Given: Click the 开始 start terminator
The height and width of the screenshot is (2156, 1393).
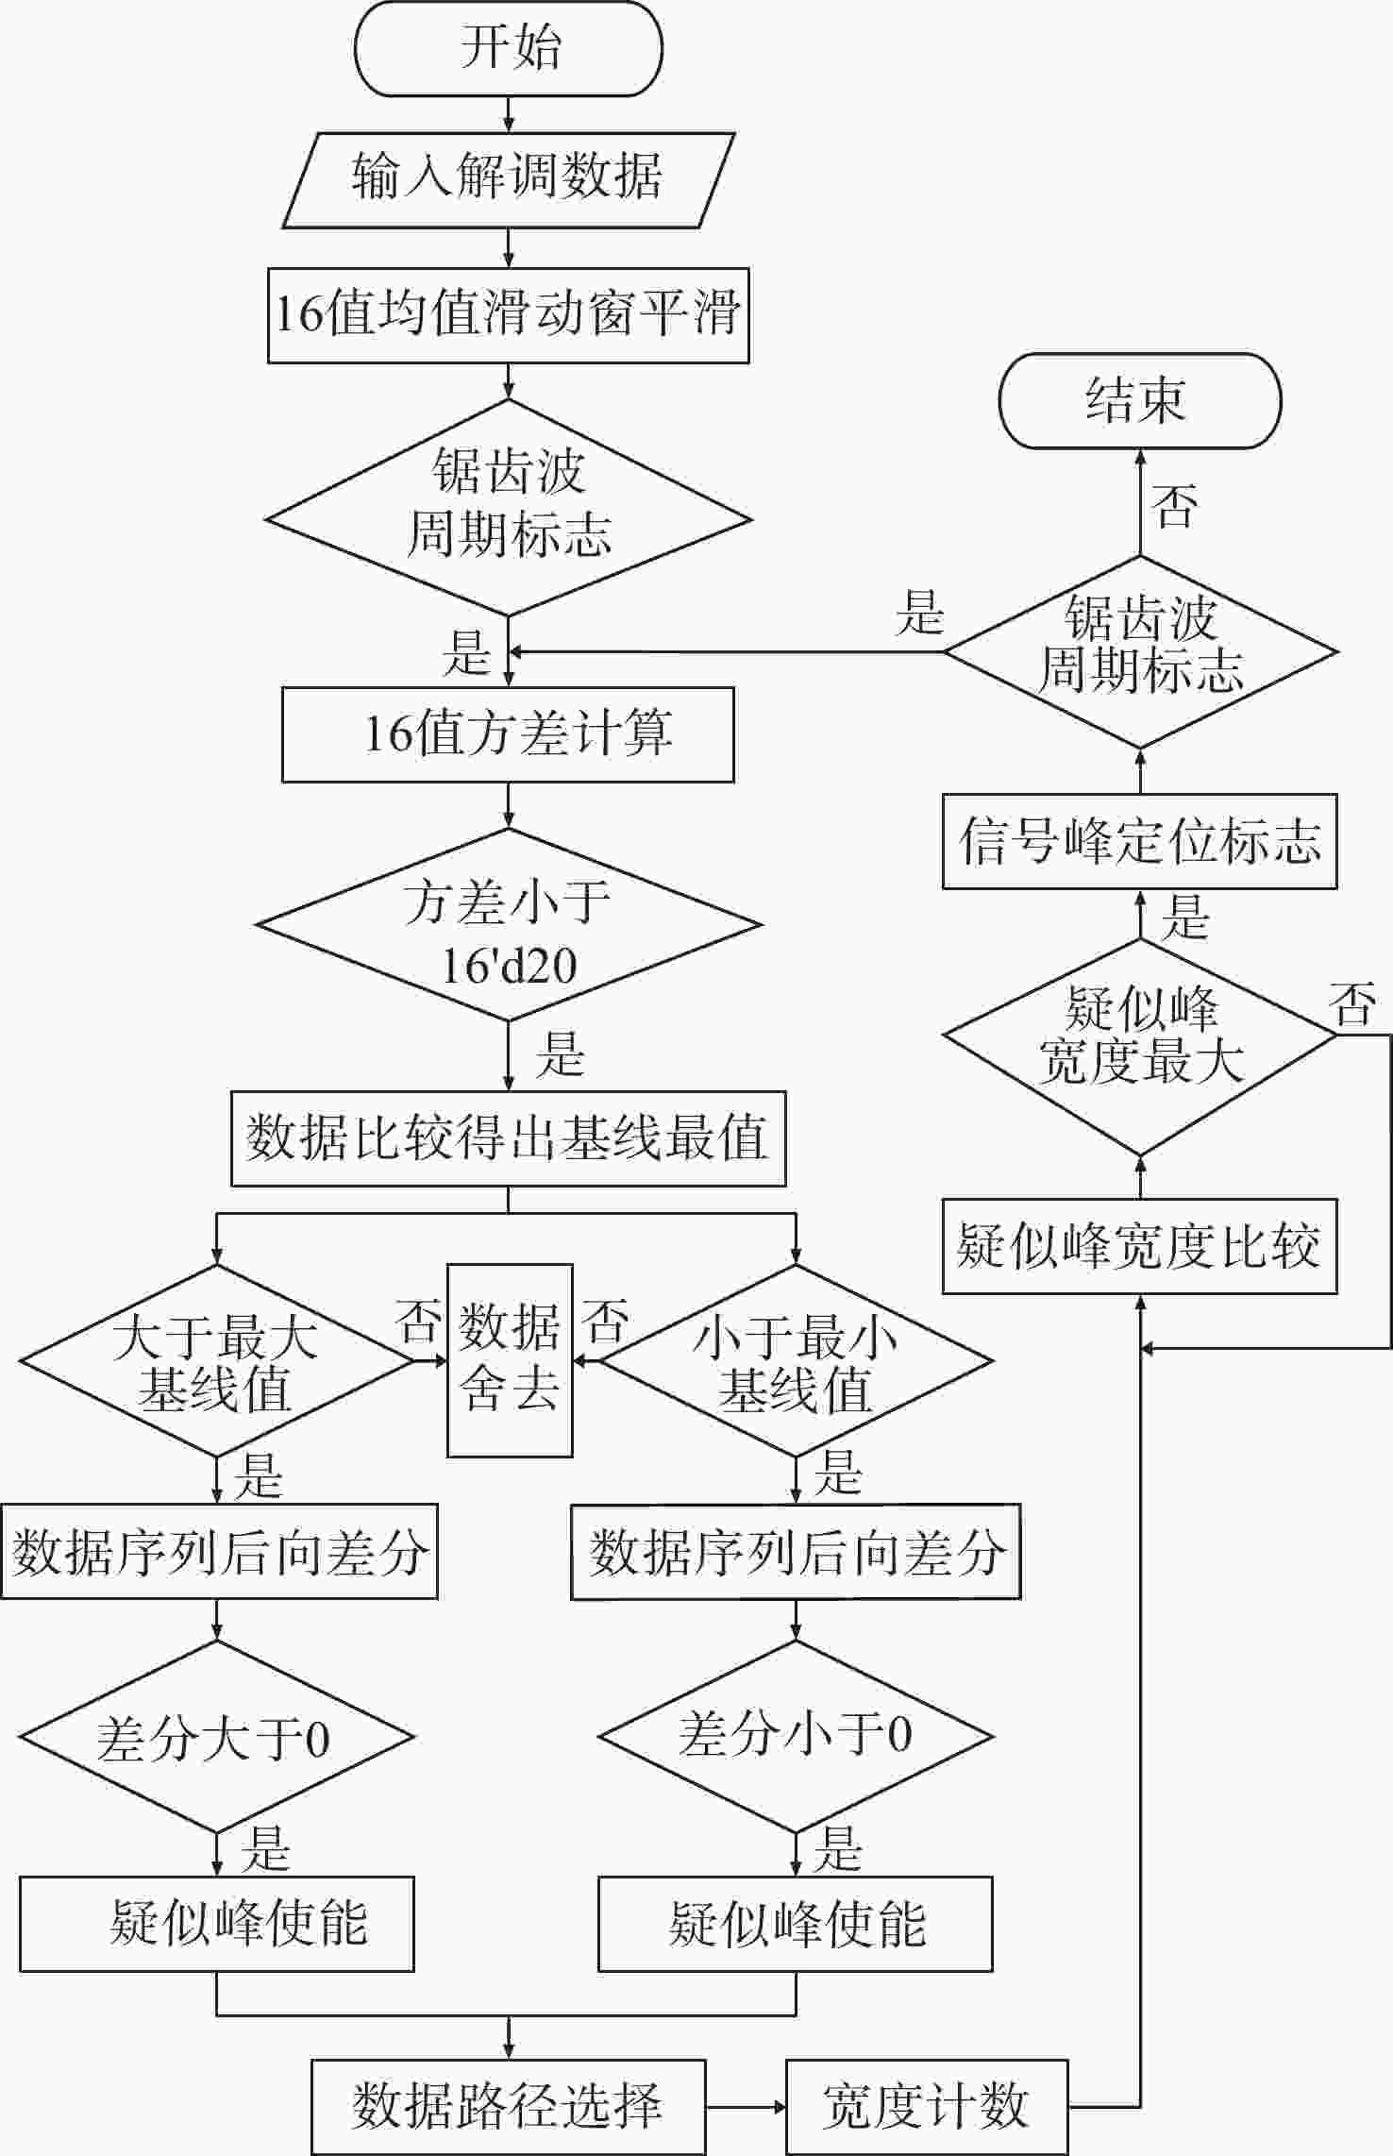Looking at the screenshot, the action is coord(509,48).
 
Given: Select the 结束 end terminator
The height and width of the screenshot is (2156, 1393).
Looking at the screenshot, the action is coord(1140,401).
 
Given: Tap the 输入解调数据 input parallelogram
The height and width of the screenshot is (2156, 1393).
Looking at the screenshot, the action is coord(509,180).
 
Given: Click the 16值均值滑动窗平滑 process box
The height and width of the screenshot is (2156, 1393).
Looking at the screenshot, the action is coord(509,315).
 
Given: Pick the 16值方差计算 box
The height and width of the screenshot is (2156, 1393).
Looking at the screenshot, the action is coord(508,734).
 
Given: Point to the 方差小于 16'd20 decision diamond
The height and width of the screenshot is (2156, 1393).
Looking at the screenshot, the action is coord(509,924).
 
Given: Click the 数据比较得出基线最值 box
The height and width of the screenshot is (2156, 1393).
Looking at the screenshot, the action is coord(509,1138).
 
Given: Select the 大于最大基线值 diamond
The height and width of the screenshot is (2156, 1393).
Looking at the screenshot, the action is coord(216,1360).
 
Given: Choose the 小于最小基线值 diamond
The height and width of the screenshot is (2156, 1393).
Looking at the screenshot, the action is coord(796,1360).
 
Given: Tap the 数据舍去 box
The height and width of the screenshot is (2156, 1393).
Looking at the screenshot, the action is coord(510,1360).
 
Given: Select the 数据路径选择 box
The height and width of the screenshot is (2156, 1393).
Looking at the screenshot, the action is coord(509,2107).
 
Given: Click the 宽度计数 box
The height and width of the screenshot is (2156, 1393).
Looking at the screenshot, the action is coord(927,2107).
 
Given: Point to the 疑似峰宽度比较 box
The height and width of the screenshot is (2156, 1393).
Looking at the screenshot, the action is coord(1140,1246).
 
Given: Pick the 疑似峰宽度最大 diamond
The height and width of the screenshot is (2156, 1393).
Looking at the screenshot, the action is coord(1140,1036).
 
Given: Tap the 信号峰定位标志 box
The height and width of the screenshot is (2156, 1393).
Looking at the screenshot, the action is coord(1140,841).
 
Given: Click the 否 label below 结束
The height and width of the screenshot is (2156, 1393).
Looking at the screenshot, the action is coord(1175,505).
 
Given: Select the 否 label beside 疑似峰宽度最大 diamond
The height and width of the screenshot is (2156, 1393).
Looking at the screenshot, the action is coord(1352,1004).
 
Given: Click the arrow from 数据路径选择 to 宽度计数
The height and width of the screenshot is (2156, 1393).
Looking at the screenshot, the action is coord(746,2107).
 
